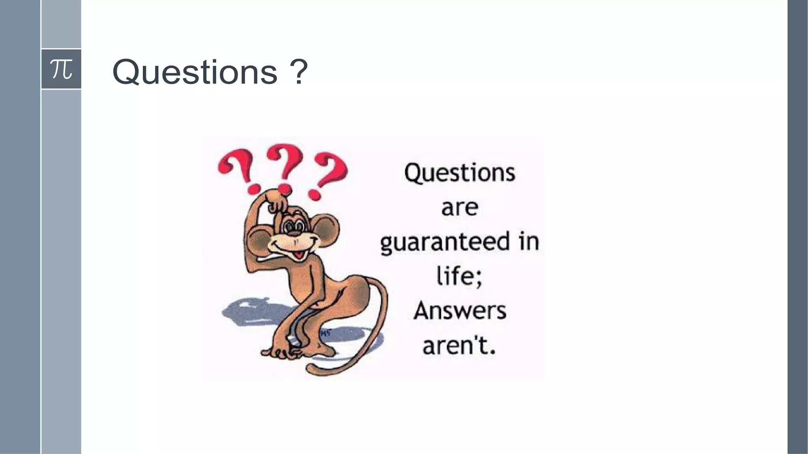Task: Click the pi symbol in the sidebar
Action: [61, 69]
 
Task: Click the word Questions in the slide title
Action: [195, 72]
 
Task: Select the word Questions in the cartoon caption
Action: [460, 173]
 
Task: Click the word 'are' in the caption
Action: [460, 208]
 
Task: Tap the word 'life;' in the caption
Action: [459, 276]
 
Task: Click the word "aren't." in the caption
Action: [459, 346]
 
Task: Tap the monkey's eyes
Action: [294, 226]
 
